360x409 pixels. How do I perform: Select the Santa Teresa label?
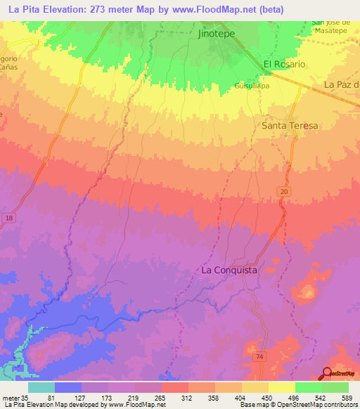[289, 126]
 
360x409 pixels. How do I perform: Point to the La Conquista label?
[229, 270]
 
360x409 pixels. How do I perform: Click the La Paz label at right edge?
[342, 85]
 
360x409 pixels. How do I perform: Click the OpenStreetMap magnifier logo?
[327, 374]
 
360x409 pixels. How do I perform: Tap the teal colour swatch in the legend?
[41, 387]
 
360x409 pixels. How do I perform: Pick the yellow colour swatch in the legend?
[281, 387]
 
